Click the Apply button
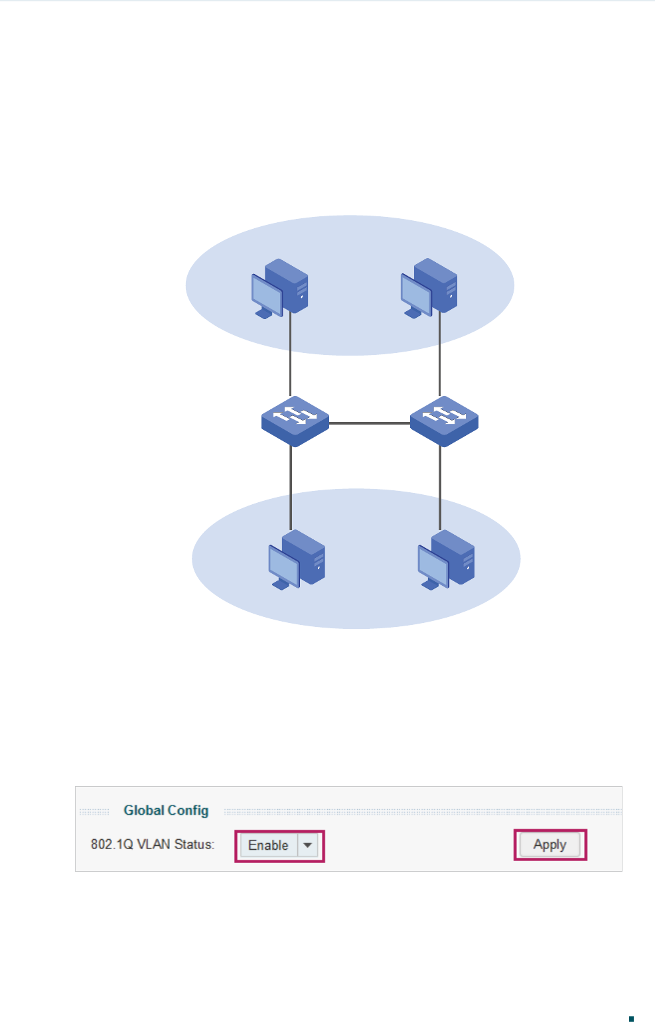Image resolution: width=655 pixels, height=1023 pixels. [549, 845]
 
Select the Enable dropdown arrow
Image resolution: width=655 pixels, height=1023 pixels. [308, 845]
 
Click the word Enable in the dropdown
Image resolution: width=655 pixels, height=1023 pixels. [268, 845]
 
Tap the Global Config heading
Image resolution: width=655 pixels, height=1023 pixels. [166, 810]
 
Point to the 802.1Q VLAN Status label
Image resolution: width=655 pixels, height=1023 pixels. [153, 845]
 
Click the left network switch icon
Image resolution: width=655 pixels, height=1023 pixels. [295, 421]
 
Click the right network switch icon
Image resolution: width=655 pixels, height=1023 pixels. [444, 421]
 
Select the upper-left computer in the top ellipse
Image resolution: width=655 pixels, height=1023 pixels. [280, 289]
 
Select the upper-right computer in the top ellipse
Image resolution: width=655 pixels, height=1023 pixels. [429, 289]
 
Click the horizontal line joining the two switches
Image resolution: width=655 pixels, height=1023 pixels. [370, 423]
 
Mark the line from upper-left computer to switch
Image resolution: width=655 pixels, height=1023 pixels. [290, 355]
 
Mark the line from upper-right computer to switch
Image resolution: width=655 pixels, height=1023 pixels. [439, 355]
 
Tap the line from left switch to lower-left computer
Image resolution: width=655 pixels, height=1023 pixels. [291, 488]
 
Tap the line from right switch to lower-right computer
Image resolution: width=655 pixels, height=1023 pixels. [440, 488]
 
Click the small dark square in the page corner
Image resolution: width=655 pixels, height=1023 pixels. [631, 1018]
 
